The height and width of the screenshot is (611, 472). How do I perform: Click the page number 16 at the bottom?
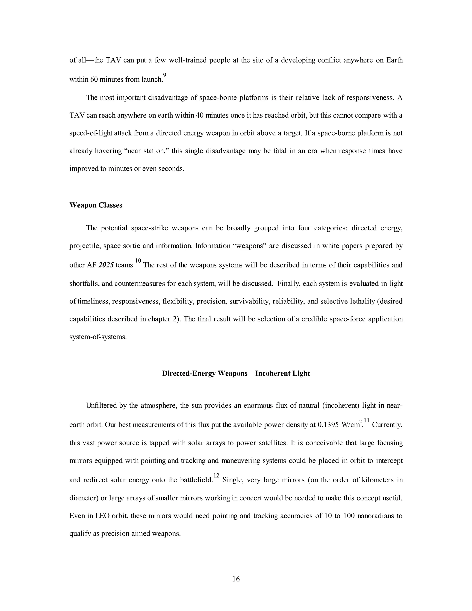tap(236, 579)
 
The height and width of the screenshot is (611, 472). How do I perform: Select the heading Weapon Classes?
tap(96, 205)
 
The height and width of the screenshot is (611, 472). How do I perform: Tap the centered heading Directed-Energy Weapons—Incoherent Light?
tap(236, 374)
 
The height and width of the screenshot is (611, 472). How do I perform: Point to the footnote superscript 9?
tap(165, 75)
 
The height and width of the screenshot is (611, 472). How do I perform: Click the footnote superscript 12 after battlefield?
tap(216, 475)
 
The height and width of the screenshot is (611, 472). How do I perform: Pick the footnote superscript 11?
tap(367, 420)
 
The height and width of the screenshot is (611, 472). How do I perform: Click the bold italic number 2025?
tap(106, 265)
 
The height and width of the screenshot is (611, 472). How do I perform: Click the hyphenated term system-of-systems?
tap(98, 337)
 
